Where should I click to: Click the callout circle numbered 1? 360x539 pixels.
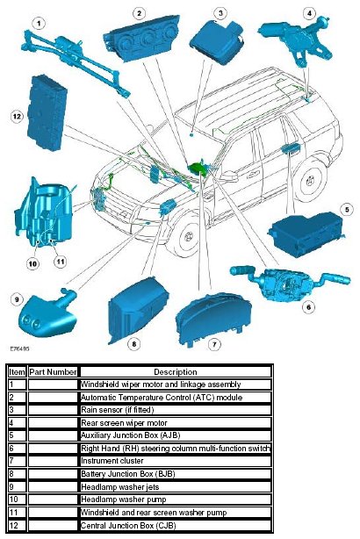click(39, 24)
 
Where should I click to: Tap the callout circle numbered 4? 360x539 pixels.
click(309, 13)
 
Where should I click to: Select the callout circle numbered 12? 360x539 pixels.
click(17, 117)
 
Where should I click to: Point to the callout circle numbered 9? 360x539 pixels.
click(17, 299)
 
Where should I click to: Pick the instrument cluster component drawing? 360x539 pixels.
click(212, 319)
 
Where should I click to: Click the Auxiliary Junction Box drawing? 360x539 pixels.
click(306, 234)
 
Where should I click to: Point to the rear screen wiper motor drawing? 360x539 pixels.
click(296, 40)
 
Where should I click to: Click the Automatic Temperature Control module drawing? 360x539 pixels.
click(141, 39)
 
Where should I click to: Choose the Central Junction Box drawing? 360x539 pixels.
click(47, 113)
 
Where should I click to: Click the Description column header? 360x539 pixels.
click(176, 372)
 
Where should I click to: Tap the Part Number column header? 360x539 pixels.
click(53, 372)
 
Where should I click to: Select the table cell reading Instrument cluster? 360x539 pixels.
click(176, 461)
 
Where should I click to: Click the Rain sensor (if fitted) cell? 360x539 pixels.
click(176, 410)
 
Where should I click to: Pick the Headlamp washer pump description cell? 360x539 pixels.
click(176, 499)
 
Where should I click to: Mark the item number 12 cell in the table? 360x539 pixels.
click(17, 526)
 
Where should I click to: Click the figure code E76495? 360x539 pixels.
click(19, 349)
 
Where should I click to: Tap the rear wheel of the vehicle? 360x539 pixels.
click(311, 180)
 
